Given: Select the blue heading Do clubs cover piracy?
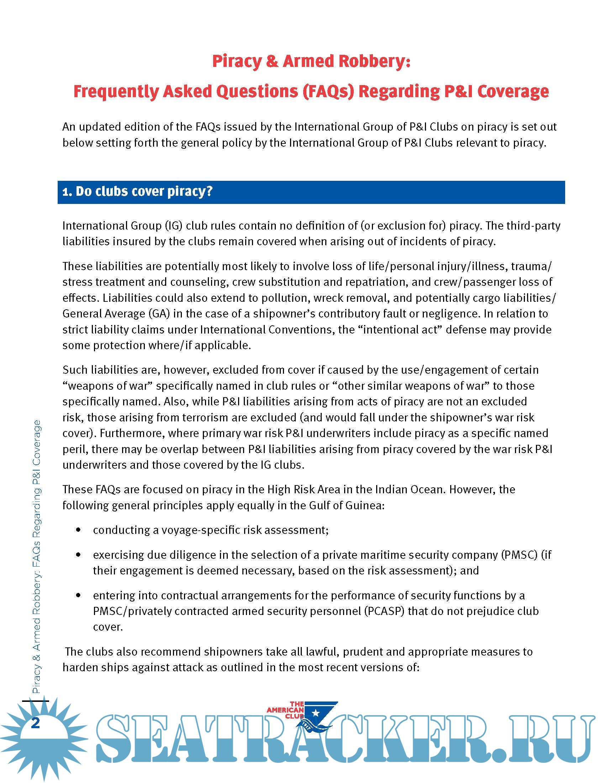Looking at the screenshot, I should click(x=137, y=191).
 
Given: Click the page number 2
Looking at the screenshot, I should click(x=35, y=724).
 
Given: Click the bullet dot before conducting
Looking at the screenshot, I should click(x=79, y=530).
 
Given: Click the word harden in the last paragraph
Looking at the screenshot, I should click(x=80, y=667).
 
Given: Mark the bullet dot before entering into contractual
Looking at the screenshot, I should click(x=79, y=595).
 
